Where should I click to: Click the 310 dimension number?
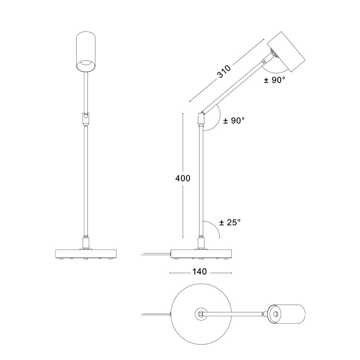pos(224,72)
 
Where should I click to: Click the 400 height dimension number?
pos(183,178)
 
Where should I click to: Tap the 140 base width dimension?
pos(199,272)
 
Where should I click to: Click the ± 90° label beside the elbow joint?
pos(234,120)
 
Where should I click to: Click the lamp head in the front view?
pos(86,53)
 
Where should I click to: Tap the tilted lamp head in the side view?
pos(286,52)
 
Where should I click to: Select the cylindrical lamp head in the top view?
pos(287,314)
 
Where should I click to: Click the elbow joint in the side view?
pos(201,118)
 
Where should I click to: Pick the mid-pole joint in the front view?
pos(86,118)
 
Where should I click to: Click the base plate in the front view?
pos(86,254)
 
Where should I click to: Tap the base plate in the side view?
pos(201,254)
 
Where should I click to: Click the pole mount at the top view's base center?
pos(201,314)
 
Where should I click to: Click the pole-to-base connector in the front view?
pos(86,243)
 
